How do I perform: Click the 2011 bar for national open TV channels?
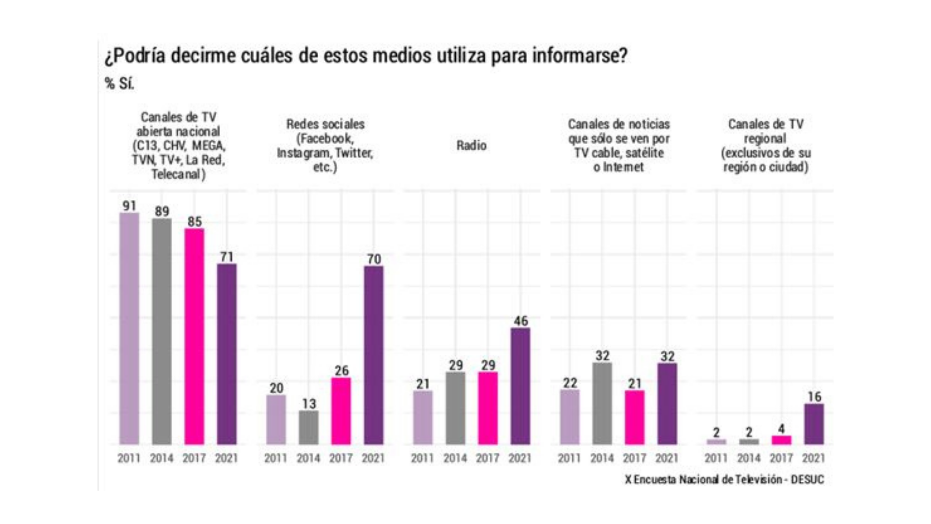coord(129,328)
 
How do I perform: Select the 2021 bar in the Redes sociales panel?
coord(373,355)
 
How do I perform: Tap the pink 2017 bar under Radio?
coord(488,408)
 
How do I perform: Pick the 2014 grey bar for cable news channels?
coord(602,403)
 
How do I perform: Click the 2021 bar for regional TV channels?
coord(814,424)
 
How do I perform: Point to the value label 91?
coord(129,206)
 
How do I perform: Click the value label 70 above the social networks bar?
coord(374,259)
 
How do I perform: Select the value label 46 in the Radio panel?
coord(520,321)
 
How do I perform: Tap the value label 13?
coord(309,404)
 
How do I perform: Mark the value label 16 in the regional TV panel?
coord(814,397)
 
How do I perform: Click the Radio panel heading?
coord(471,146)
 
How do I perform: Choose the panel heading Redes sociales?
coord(325,124)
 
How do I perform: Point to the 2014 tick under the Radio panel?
coord(455,458)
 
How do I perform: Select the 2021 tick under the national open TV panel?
coord(226,458)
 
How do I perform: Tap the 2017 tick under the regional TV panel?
coord(781,458)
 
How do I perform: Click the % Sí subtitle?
coord(119,83)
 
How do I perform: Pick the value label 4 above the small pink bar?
coord(781,429)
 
